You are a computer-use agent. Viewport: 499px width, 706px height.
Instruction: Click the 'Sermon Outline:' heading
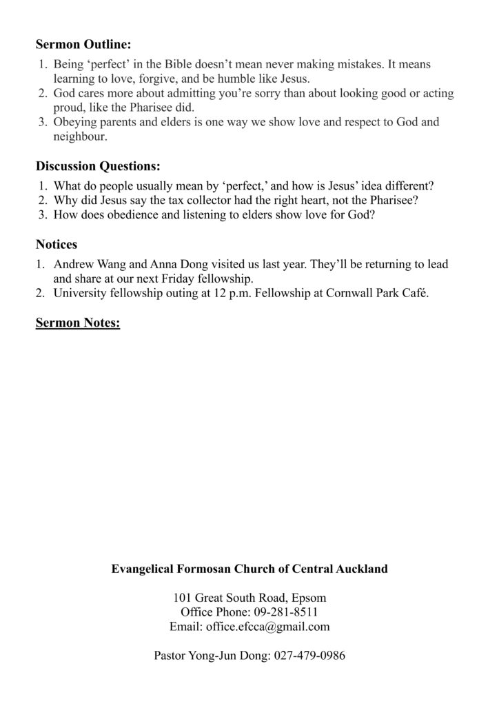[x=83, y=46]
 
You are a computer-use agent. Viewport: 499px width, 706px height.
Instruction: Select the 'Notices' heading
[x=57, y=244]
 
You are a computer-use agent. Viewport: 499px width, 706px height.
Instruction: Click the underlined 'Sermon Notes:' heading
[x=78, y=323]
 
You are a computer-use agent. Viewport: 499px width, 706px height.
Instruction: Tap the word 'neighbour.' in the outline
[x=80, y=137]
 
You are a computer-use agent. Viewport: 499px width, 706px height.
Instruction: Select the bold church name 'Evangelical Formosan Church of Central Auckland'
[x=250, y=569]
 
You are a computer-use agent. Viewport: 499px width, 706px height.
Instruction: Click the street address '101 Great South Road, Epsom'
[x=250, y=597]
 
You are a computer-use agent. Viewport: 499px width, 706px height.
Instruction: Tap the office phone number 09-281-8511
[x=287, y=612]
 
